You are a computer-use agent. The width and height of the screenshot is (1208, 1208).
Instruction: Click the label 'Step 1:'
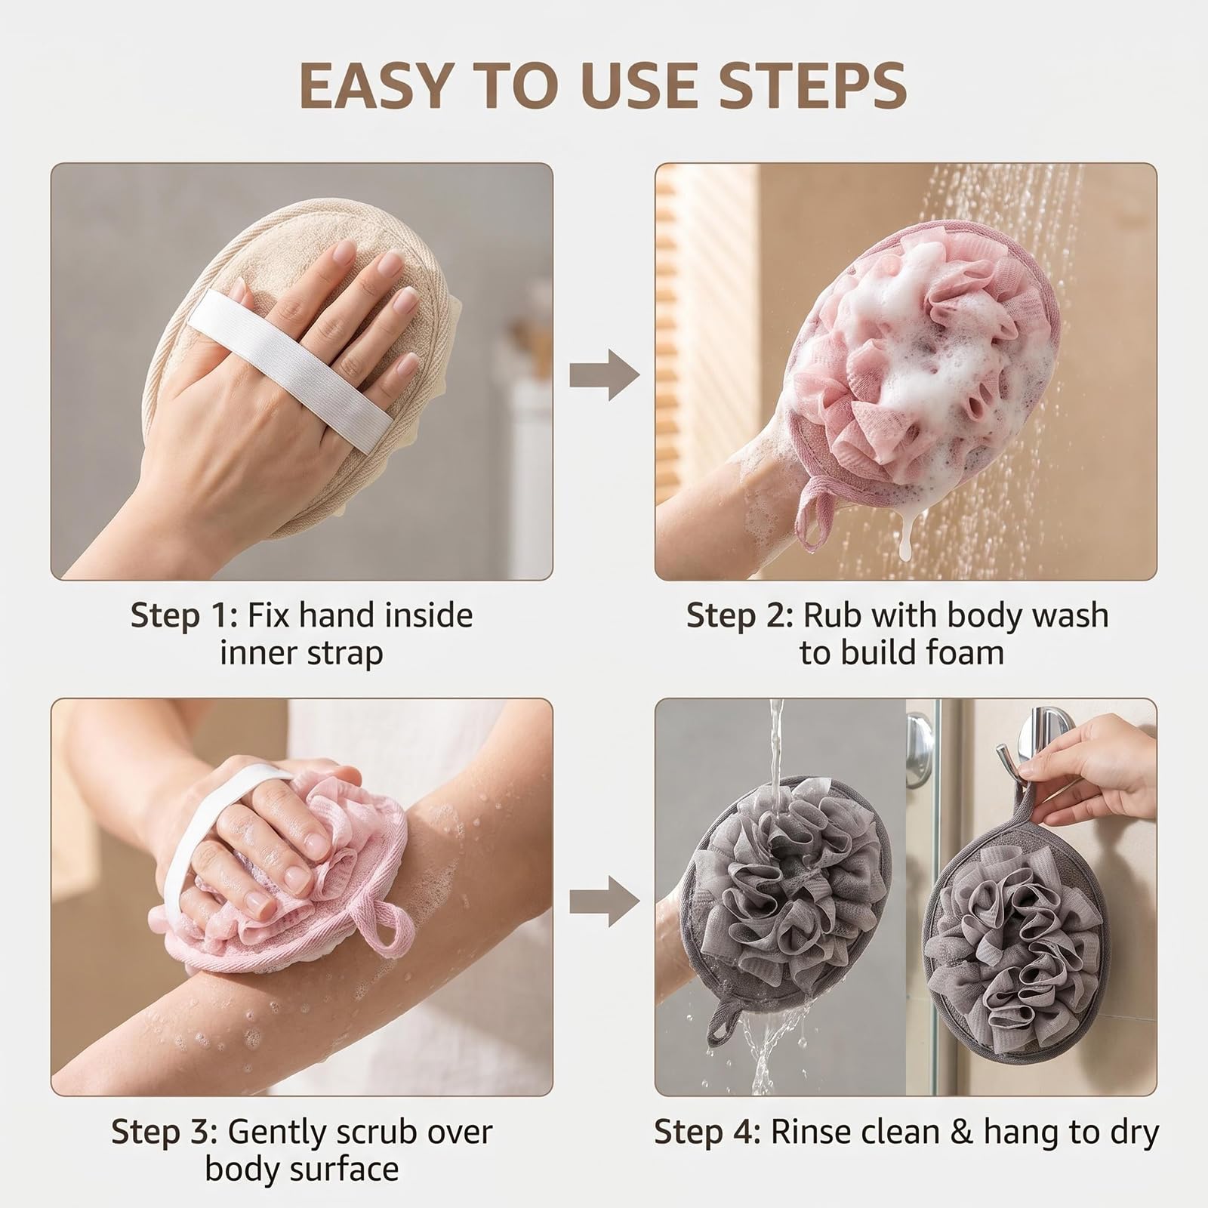(178, 616)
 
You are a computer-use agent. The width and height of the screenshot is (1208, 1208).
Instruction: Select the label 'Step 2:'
(739, 616)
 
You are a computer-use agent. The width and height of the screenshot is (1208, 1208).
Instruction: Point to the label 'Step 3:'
(164, 1132)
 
